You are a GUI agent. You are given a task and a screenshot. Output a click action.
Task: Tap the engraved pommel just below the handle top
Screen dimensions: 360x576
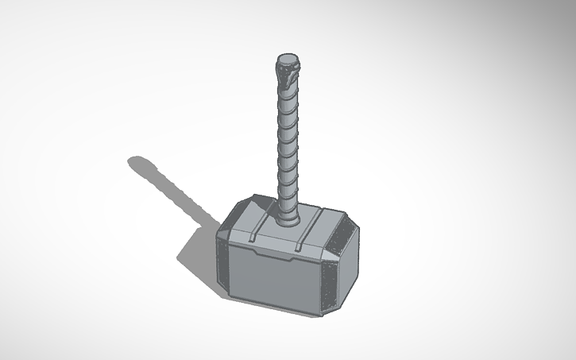pyautogui.click(x=288, y=76)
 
